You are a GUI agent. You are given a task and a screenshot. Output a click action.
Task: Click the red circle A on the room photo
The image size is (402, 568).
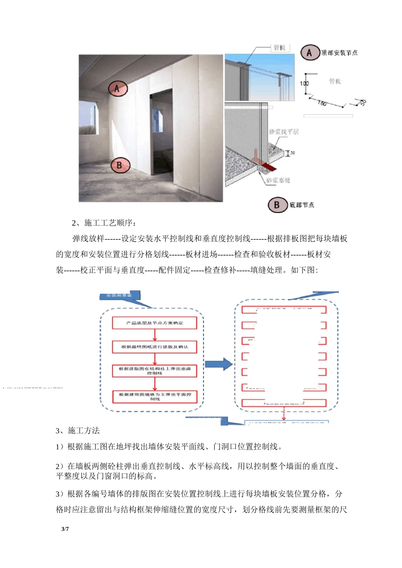(x=117, y=89)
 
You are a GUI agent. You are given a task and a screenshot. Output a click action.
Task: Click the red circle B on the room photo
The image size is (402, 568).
(x=119, y=165)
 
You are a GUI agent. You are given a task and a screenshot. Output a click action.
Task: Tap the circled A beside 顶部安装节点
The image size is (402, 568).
(x=310, y=53)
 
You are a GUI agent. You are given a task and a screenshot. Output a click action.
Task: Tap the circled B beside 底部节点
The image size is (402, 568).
(x=278, y=205)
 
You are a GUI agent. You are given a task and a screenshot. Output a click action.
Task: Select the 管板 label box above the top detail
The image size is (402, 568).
(x=280, y=48)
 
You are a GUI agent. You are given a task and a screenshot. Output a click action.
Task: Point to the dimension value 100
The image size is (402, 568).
(x=304, y=84)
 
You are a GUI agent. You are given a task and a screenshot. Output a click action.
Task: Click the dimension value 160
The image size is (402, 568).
(x=322, y=103)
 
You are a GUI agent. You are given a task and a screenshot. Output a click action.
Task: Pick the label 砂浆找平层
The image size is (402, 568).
(x=284, y=132)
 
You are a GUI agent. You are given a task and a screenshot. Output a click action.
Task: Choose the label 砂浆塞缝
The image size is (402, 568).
(x=278, y=180)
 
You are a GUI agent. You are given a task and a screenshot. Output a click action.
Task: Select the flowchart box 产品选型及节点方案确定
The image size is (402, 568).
(x=154, y=323)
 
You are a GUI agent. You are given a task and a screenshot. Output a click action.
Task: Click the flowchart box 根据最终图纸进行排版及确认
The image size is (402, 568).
(x=154, y=347)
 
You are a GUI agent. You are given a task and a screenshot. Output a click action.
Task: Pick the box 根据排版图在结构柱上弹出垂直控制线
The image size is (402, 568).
(x=154, y=371)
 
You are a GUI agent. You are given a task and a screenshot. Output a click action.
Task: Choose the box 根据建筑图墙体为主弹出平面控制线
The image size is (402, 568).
(x=154, y=396)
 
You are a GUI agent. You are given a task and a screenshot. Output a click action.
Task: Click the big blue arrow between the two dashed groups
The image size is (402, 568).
(x=218, y=364)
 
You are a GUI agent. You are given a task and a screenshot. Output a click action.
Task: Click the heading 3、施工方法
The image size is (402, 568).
(x=78, y=431)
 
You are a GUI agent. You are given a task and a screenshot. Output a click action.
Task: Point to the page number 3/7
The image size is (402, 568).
(x=65, y=529)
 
